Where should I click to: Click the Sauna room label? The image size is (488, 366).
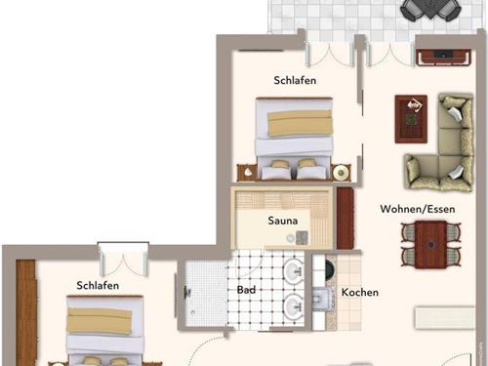click(283, 221)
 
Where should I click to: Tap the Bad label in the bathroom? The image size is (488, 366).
click(247, 290)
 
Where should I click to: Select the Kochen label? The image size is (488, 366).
click(359, 293)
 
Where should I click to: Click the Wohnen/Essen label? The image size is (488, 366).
click(414, 207)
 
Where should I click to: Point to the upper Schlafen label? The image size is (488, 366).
click(296, 81)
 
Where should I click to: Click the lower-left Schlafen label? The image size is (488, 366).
click(98, 285)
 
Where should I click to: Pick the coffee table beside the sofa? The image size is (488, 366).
click(410, 116)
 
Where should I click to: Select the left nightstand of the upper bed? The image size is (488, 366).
click(247, 173)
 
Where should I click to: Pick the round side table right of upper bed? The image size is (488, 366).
click(341, 173)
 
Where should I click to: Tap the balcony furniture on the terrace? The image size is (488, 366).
click(430, 10)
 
